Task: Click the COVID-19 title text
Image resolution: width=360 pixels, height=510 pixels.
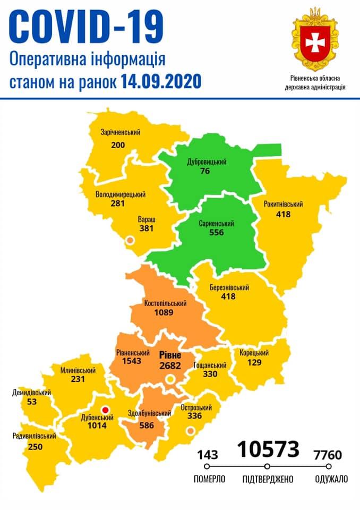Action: click(x=87, y=28)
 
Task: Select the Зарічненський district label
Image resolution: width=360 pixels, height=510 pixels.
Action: click(x=120, y=132)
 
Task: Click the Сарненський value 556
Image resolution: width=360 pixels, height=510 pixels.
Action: click(x=217, y=233)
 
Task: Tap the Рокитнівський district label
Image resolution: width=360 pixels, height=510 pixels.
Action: click(x=283, y=204)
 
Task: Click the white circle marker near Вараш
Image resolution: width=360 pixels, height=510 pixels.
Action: click(x=128, y=241)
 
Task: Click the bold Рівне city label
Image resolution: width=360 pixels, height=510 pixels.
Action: click(x=170, y=355)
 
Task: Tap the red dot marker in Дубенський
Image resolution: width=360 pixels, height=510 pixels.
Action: click(x=105, y=410)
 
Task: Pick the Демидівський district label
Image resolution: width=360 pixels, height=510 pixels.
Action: click(x=31, y=393)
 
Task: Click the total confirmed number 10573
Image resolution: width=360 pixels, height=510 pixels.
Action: click(x=268, y=449)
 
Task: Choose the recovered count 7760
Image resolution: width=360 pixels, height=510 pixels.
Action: click(x=328, y=455)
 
